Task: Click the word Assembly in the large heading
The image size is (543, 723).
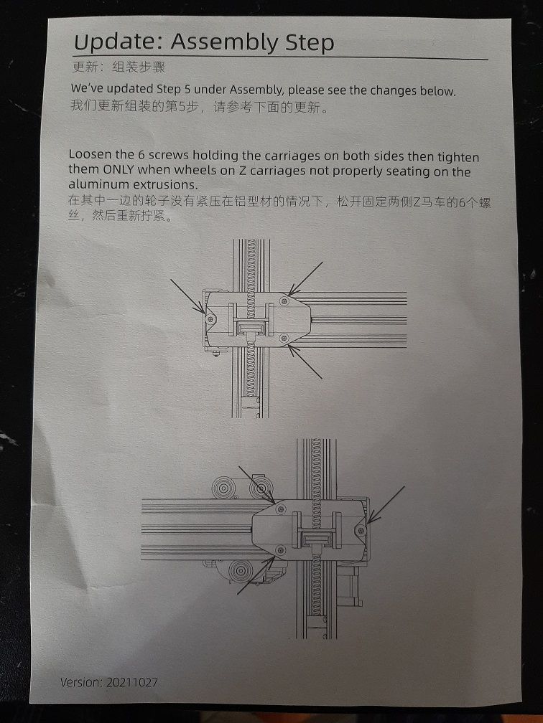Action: (224, 43)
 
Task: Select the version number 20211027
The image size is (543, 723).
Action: (132, 682)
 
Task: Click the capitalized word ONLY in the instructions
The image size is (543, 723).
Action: (119, 169)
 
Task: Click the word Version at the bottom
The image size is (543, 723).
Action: (80, 681)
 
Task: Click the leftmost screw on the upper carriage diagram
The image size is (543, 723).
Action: (210, 318)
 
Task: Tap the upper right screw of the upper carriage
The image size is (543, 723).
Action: (284, 301)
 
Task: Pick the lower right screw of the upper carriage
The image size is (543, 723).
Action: (284, 338)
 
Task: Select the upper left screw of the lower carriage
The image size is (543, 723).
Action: (280, 509)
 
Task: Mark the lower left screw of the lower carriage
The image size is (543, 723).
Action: (280, 549)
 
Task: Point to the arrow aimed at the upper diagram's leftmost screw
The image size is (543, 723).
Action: (188, 296)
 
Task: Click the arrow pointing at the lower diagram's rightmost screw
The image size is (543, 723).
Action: (386, 505)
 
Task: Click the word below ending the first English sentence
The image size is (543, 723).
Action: (437, 91)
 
